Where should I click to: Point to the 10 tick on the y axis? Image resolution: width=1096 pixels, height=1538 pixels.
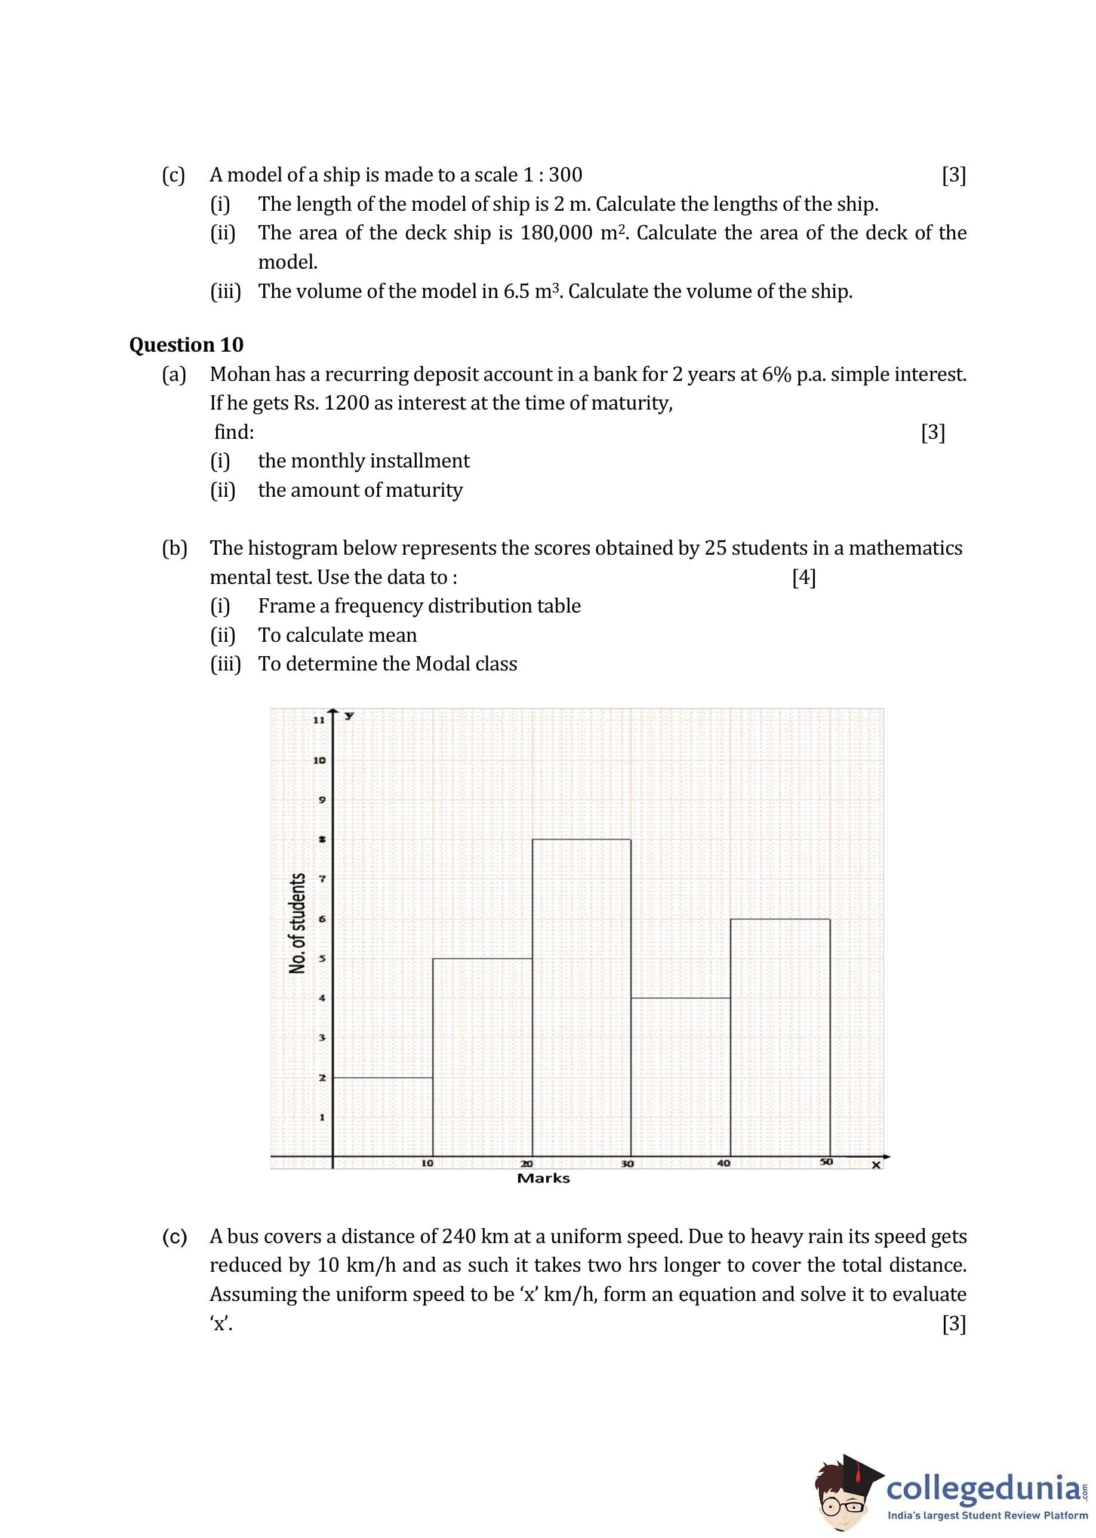point(319,760)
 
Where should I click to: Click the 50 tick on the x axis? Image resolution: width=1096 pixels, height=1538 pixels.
point(827,1161)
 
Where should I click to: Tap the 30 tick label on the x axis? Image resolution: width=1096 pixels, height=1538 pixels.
point(627,1164)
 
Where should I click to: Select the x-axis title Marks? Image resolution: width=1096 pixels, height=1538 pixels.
point(543,1179)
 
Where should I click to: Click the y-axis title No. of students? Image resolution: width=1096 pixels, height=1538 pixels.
point(297,923)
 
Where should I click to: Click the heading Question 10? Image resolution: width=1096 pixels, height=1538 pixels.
point(186,345)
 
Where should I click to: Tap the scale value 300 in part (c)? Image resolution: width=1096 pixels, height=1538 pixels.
point(565,175)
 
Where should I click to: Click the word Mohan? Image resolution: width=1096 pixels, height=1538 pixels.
point(239,374)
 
